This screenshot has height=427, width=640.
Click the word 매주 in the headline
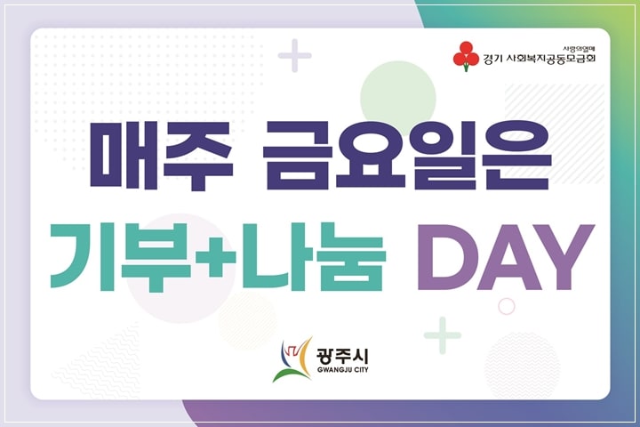tap(162, 156)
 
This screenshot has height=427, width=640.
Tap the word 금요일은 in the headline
tap(407, 156)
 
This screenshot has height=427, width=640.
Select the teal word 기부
tap(120, 256)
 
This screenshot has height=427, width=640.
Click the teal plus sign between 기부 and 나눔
tap(215, 256)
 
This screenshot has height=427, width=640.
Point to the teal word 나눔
tap(313, 256)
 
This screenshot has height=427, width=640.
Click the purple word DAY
tap(505, 257)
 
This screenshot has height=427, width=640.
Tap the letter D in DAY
tap(444, 257)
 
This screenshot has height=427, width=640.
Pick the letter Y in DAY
tap(564, 257)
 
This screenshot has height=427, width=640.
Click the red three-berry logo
tap(466, 56)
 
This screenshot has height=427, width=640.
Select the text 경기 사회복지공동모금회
tap(539, 59)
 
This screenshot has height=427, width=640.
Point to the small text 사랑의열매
tap(579, 49)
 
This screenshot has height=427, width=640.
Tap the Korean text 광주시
tap(342, 357)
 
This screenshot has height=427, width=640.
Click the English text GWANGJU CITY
tap(342, 370)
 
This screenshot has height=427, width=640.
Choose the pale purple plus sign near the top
tap(295, 55)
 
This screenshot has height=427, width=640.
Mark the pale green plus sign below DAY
tap(443, 335)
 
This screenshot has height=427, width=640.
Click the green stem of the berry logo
tap(466, 68)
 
